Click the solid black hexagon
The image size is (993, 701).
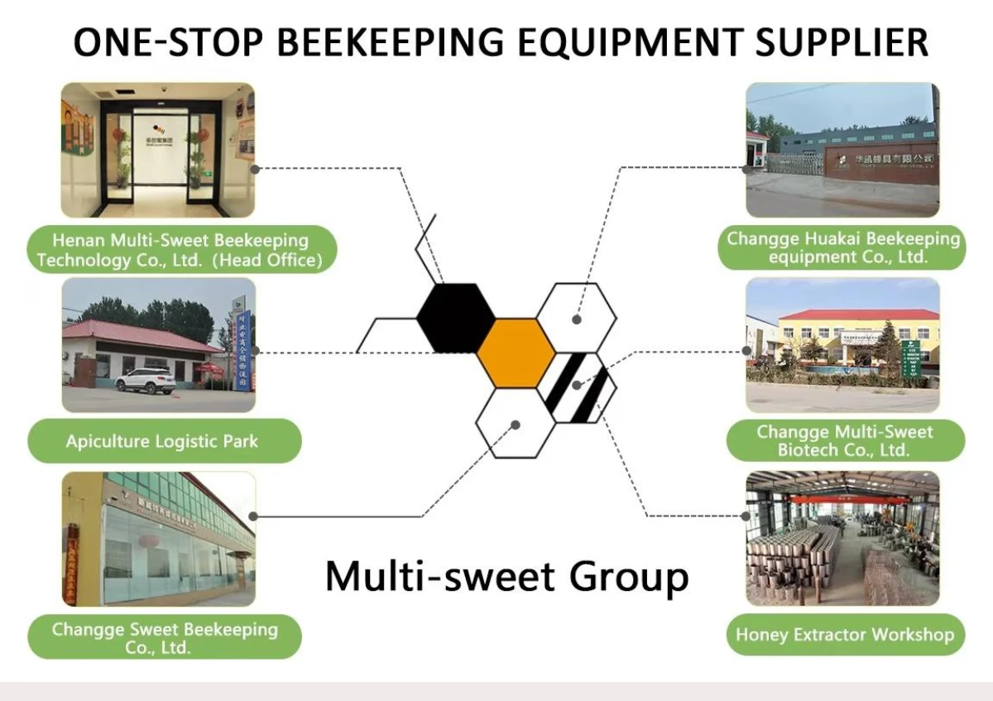456,317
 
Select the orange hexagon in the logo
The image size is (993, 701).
516,353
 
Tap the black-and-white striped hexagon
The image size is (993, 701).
576,387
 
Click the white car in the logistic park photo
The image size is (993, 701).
146,380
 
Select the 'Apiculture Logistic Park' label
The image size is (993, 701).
162,441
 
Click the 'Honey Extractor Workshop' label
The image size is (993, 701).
845,635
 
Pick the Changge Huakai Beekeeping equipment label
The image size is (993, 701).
843,247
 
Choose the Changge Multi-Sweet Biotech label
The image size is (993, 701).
845,440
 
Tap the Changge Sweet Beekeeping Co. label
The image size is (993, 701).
165,637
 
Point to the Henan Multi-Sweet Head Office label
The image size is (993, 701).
179,250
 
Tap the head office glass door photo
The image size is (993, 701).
158,150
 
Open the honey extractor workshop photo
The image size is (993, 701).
842,538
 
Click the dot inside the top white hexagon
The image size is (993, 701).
576,318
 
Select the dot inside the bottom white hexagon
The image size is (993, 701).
516,424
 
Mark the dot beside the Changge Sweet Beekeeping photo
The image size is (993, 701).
254,516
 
